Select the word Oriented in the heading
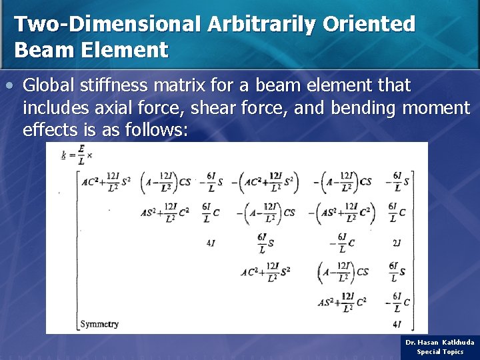point(369,24)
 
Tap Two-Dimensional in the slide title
point(107,24)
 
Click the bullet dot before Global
point(8,86)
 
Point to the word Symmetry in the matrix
point(99,324)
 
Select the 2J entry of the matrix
point(397,243)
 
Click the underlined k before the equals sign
point(64,155)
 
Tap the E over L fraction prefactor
point(81,155)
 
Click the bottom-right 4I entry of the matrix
point(397,325)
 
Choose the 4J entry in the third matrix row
point(211,243)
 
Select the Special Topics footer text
point(440,351)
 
